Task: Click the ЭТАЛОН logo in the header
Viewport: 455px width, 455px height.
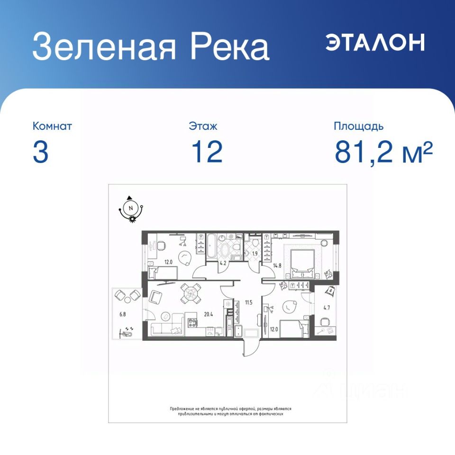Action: [x=375, y=42]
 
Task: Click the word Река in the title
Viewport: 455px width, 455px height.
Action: [x=230, y=47]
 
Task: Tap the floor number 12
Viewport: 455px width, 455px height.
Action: [x=207, y=152]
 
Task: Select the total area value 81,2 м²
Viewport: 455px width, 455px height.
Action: [x=383, y=152]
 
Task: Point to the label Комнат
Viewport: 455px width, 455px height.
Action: [x=52, y=126]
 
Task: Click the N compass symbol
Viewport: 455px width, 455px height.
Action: [x=131, y=208]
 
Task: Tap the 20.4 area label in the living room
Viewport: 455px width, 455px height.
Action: [x=209, y=314]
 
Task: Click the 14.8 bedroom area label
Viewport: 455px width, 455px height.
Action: [x=277, y=265]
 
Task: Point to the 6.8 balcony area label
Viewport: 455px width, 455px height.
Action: [x=123, y=314]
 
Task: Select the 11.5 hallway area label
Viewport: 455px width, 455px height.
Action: [x=249, y=302]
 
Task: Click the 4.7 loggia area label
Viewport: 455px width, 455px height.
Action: [x=327, y=308]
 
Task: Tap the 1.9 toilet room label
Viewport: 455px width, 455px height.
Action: [x=255, y=254]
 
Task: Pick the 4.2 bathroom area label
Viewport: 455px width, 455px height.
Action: [x=223, y=264]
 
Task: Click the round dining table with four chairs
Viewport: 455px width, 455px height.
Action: [x=191, y=294]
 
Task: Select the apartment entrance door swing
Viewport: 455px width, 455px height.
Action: [x=251, y=346]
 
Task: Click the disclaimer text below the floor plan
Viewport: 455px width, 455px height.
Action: [x=231, y=411]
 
